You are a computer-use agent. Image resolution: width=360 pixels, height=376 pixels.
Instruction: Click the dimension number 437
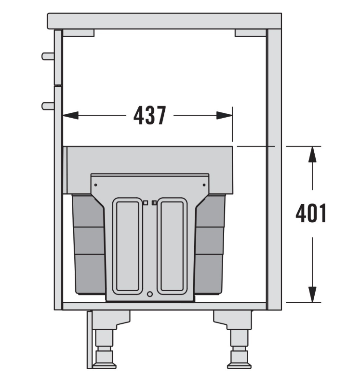[150, 116]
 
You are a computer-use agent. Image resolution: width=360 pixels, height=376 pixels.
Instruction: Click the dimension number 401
[311, 213]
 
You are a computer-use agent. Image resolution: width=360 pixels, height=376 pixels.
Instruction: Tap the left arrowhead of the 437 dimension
[70, 115]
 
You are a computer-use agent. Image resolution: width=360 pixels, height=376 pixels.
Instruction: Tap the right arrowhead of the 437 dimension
[225, 115]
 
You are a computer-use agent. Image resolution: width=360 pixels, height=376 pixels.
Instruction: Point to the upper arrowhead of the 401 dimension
[312, 154]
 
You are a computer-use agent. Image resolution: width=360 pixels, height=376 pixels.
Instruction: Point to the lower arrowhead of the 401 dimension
[312, 295]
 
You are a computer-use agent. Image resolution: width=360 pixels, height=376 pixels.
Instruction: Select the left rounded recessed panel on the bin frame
[128, 246]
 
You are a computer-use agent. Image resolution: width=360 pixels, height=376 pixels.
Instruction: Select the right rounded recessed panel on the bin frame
[172, 246]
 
